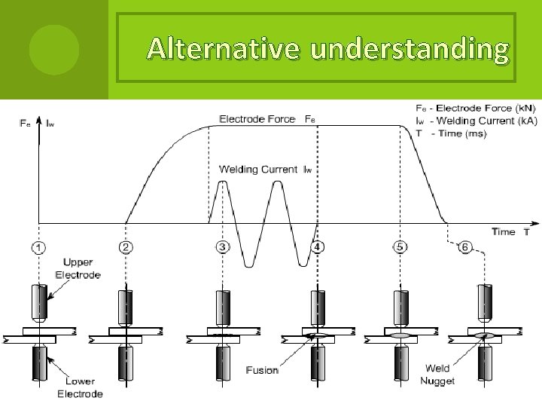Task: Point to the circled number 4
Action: pyautogui.click(x=318, y=246)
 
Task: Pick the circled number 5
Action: pyautogui.click(x=399, y=246)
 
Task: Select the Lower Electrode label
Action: pyautogui.click(x=80, y=387)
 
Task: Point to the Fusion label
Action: pyautogui.click(x=262, y=369)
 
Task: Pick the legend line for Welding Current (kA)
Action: pyautogui.click(x=475, y=121)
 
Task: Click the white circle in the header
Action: pyautogui.click(x=53, y=48)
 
